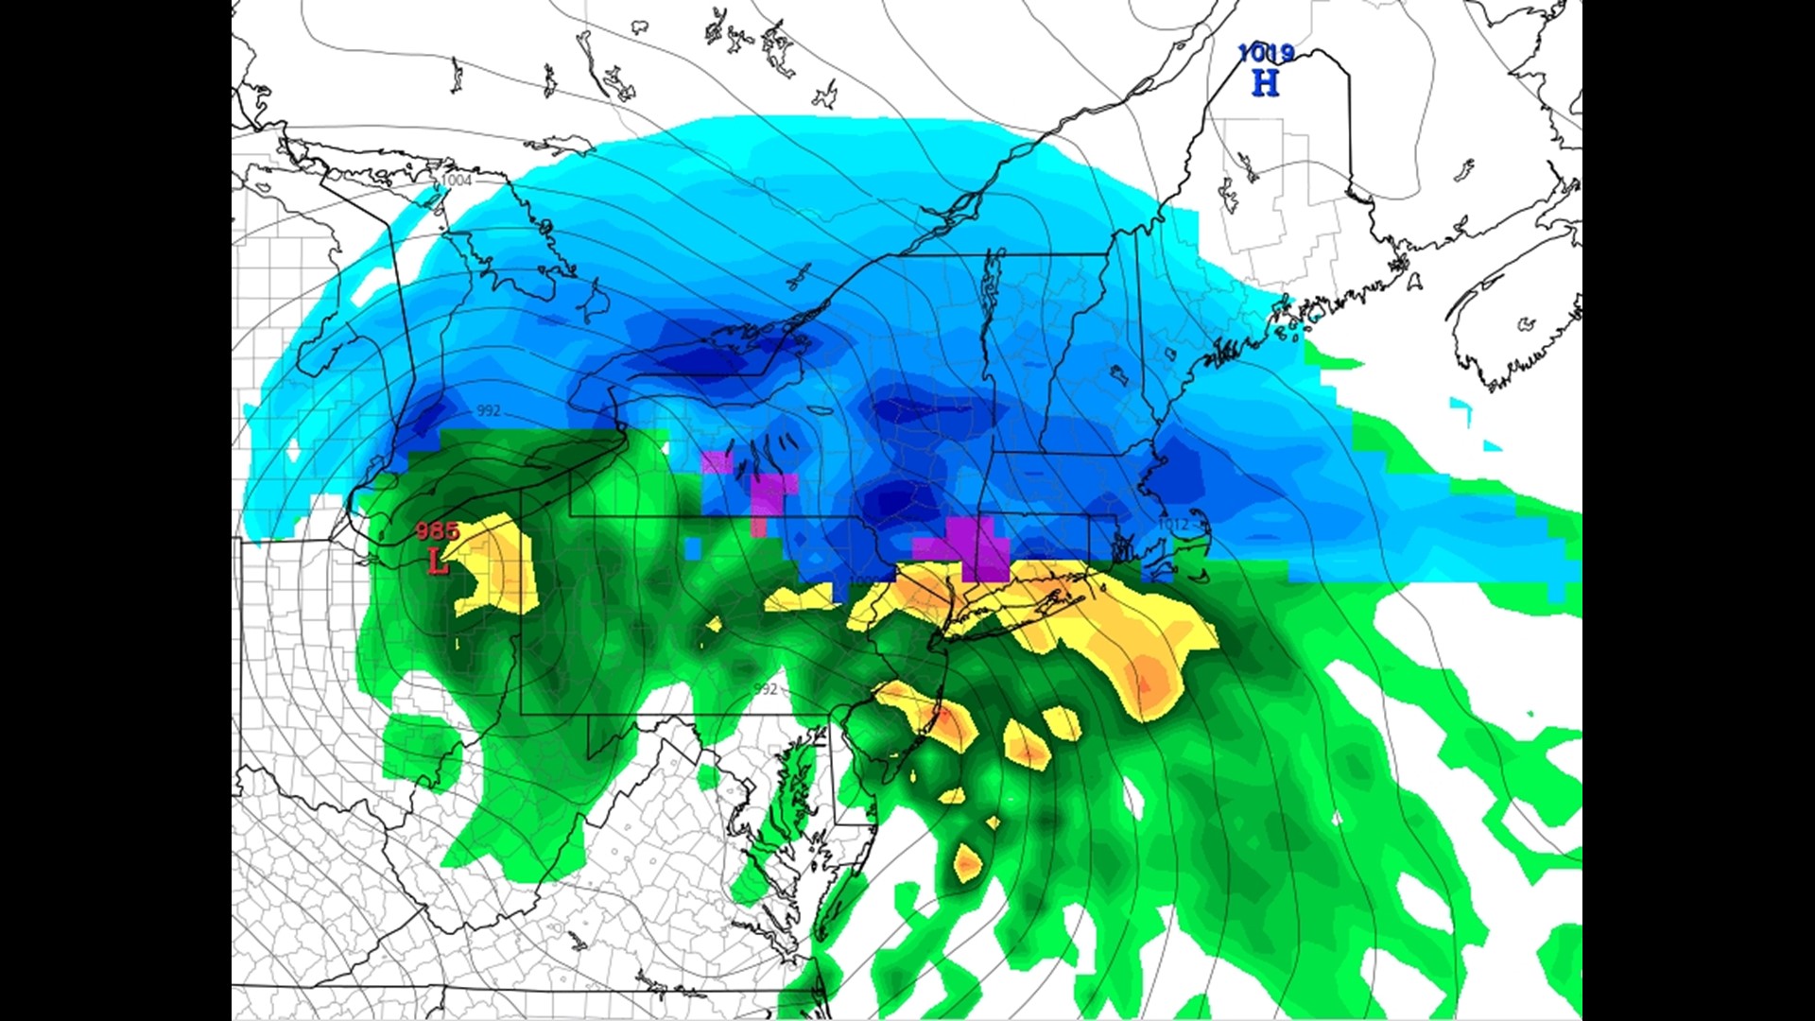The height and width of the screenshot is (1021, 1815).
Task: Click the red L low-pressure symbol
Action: pyautogui.click(x=437, y=562)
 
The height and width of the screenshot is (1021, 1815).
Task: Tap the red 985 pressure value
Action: pyautogui.click(x=437, y=531)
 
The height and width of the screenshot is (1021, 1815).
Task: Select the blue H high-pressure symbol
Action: pyautogui.click(x=1265, y=83)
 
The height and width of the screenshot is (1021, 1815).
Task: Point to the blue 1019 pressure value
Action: pyautogui.click(x=1266, y=53)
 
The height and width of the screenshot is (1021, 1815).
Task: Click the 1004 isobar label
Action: pyautogui.click(x=456, y=180)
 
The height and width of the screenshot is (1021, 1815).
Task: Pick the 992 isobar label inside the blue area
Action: pyautogui.click(x=489, y=410)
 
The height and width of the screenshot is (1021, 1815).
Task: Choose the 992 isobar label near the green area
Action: pyautogui.click(x=765, y=688)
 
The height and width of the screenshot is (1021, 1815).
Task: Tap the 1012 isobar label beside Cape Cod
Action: pyautogui.click(x=1173, y=524)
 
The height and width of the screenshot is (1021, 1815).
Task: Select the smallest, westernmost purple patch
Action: pyautogui.click(x=717, y=461)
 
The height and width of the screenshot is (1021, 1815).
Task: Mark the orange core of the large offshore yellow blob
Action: pyautogui.click(x=1149, y=681)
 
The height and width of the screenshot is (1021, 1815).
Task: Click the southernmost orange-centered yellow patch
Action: pyautogui.click(x=966, y=862)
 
